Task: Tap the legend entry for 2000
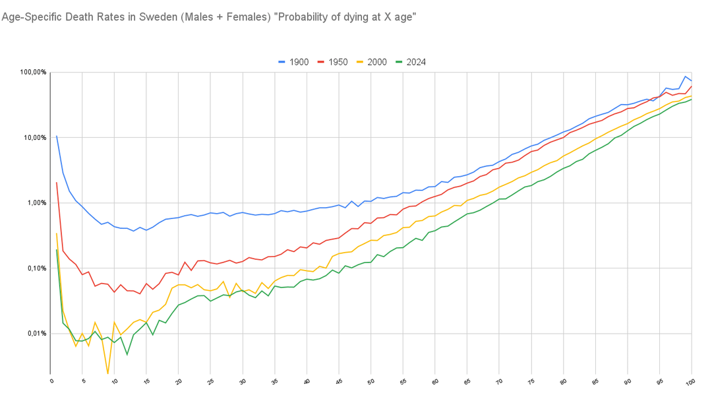pyautogui.click(x=373, y=62)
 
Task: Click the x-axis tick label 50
pyautogui.click(x=371, y=381)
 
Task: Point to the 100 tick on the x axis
pyautogui.click(x=690, y=381)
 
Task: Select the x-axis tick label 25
pyautogui.click(x=210, y=381)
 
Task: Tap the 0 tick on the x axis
pyautogui.click(x=51, y=381)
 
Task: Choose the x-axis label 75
pyautogui.click(x=531, y=381)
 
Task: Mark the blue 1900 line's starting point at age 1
pyautogui.click(x=57, y=136)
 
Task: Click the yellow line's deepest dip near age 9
pyautogui.click(x=108, y=373)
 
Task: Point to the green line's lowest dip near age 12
pyautogui.click(x=127, y=355)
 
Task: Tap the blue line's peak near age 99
pyautogui.click(x=686, y=77)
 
